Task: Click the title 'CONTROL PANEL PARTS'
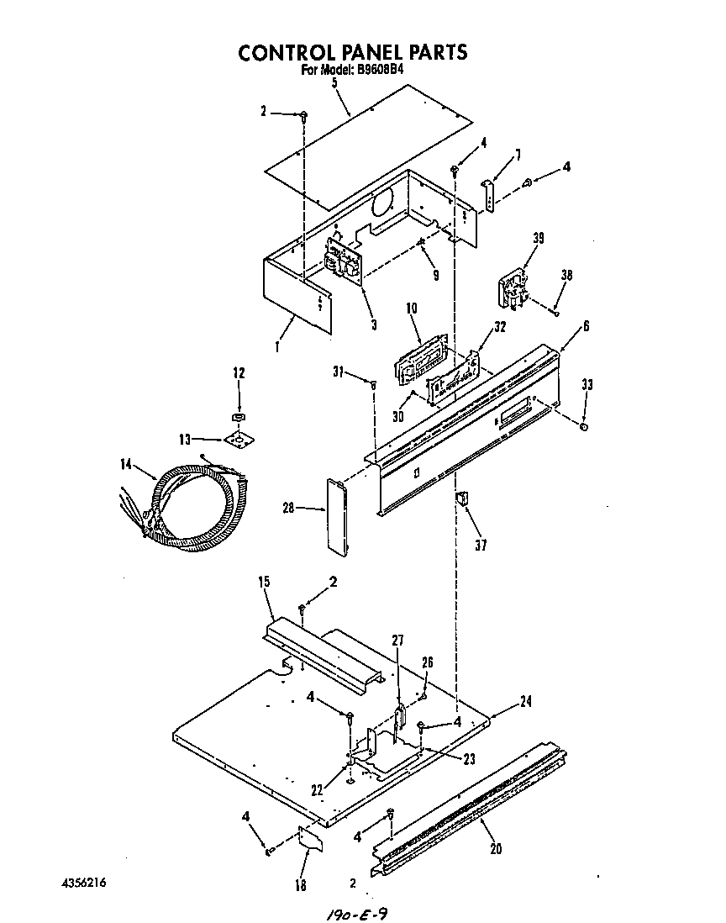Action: (x=353, y=52)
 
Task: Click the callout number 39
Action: (x=538, y=239)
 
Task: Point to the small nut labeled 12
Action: (x=238, y=416)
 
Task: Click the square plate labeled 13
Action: (x=238, y=439)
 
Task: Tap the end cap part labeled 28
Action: (x=338, y=516)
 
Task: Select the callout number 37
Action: (x=480, y=545)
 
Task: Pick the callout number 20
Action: (x=496, y=848)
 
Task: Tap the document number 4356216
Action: (x=83, y=883)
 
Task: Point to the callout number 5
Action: (x=334, y=82)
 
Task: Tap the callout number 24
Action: (x=525, y=700)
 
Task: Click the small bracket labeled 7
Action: (x=488, y=195)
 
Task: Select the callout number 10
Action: (x=412, y=309)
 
